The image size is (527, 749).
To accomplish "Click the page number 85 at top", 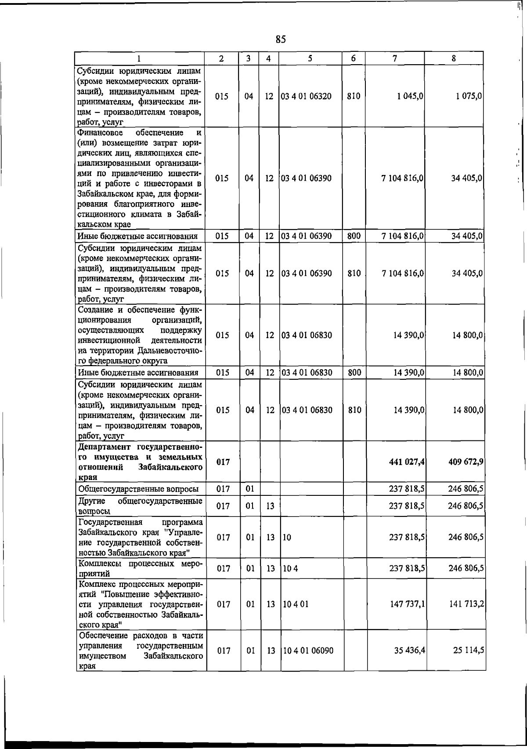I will coord(281,40).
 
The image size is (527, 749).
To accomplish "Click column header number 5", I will coord(310,58).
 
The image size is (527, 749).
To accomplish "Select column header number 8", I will coord(454,58).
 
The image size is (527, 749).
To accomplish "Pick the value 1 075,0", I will coord(469,96).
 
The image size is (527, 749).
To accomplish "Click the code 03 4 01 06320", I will coord(307,96).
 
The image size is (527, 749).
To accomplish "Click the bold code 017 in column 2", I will coord(223,462).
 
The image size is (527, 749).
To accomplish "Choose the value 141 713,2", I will coord(467,604).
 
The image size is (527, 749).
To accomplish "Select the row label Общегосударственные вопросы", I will coord(138,489).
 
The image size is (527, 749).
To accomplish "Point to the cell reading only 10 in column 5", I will coord(287,537).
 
